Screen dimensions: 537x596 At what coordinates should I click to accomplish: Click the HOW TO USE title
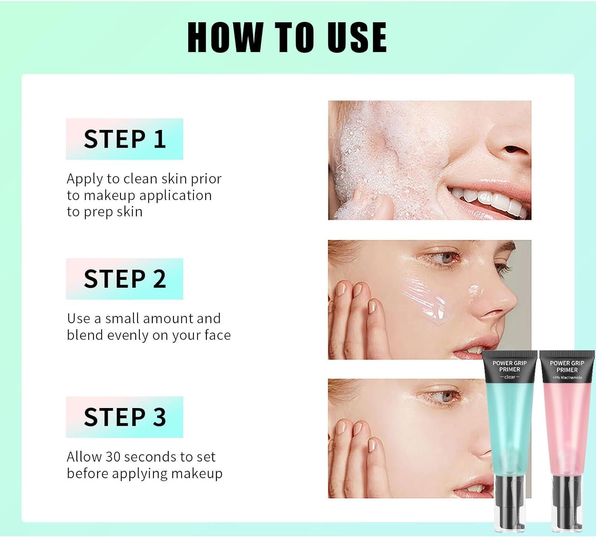coord(287,37)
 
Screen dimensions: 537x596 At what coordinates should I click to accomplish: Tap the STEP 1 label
coord(124,139)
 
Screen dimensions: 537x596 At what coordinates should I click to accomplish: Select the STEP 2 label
coord(124,279)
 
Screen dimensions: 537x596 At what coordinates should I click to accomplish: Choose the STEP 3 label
coord(124,417)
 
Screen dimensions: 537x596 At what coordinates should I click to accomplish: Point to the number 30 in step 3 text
coord(113,457)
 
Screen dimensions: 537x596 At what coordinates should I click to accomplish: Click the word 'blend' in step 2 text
coord(85,335)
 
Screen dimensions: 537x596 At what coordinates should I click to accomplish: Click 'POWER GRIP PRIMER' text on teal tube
coord(509,366)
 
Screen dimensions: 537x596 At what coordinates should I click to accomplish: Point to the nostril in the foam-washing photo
coord(513,150)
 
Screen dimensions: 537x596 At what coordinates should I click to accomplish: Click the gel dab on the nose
coord(475,291)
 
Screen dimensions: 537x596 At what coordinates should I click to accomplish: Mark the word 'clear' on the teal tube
coord(509,377)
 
